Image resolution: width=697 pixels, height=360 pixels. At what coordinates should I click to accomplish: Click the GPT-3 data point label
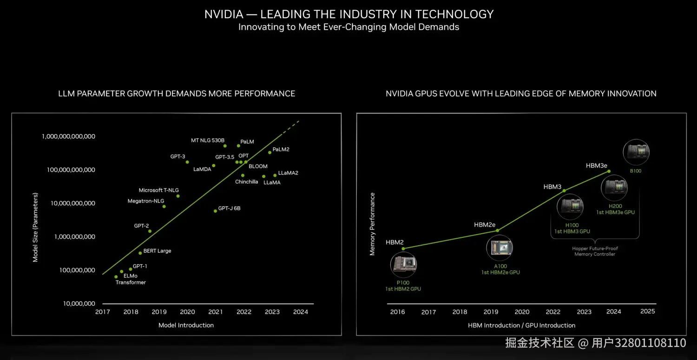tap(178, 157)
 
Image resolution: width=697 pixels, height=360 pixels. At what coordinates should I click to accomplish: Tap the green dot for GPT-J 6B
tap(215, 211)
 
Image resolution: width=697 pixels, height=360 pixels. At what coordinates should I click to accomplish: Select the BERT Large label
tap(157, 251)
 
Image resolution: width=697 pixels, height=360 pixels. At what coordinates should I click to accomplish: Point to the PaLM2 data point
tap(270, 152)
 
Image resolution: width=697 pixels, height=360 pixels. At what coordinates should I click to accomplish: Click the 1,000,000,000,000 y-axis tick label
tap(68, 137)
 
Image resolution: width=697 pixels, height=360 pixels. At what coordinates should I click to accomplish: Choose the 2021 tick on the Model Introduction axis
tap(216, 312)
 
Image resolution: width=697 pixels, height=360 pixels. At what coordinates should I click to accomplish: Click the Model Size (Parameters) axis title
tap(35, 227)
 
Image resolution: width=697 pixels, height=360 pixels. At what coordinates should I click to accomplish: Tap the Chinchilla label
tap(246, 182)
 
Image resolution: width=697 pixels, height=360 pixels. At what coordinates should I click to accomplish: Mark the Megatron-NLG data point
tap(164, 206)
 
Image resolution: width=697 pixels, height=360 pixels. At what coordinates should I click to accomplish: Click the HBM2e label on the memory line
tap(485, 225)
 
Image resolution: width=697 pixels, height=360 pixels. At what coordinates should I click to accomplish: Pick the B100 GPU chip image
tap(636, 151)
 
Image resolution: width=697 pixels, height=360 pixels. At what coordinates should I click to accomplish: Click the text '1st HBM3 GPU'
tap(572, 231)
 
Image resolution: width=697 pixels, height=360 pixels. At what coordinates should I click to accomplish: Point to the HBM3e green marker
tap(609, 171)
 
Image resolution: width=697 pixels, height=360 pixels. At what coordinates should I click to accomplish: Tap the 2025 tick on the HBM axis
tap(647, 311)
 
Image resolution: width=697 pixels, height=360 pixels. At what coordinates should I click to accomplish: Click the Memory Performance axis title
tap(372, 224)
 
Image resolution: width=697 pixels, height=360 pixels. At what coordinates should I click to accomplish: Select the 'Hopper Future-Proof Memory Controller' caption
tap(595, 251)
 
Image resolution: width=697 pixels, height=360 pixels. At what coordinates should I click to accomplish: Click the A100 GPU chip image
tap(500, 247)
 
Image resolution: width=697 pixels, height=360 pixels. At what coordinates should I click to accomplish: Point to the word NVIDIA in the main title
tap(224, 14)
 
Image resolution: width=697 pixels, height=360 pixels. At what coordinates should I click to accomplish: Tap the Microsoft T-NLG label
tap(158, 190)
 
